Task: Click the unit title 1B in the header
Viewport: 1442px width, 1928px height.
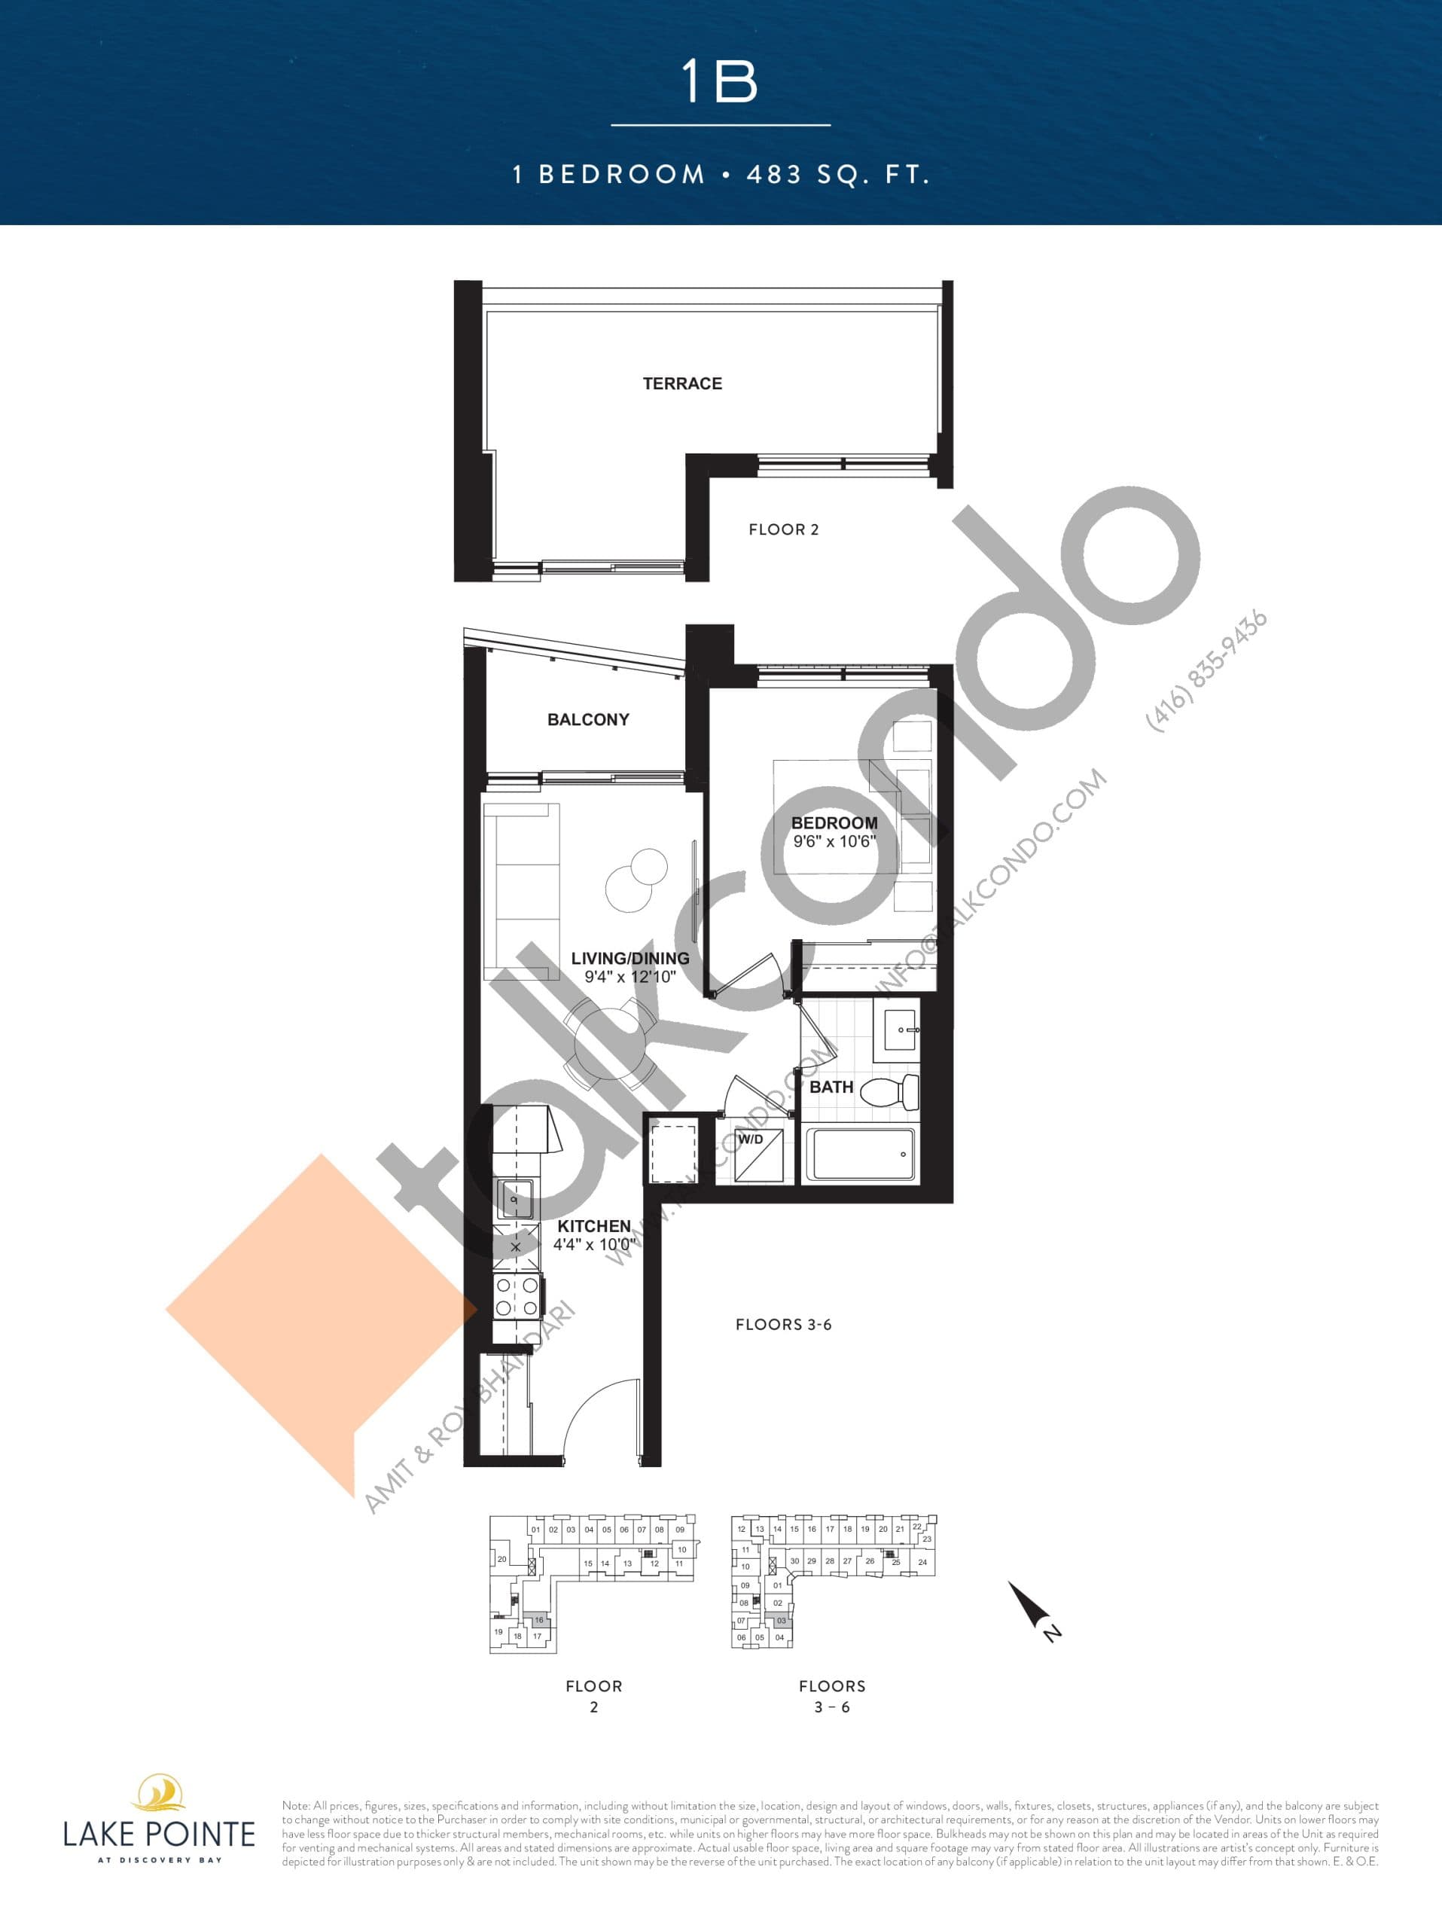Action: coord(720,82)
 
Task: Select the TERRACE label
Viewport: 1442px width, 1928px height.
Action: coord(682,383)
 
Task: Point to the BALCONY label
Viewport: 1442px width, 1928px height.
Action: coord(588,719)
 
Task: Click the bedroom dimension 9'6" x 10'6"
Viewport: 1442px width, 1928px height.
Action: coord(834,842)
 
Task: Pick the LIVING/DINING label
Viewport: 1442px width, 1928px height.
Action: coord(630,958)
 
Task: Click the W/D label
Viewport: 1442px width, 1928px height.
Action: coord(750,1139)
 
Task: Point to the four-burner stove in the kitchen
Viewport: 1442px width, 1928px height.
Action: coord(517,1296)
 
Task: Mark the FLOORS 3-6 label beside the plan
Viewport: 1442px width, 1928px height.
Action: coord(783,1325)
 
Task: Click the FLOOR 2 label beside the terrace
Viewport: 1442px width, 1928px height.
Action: coord(783,529)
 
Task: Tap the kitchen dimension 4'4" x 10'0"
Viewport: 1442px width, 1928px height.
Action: coord(594,1245)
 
